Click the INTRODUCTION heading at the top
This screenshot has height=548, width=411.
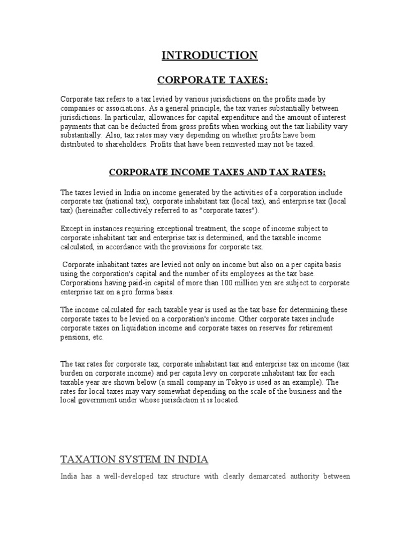coord(210,55)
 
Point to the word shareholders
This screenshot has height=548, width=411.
coord(126,144)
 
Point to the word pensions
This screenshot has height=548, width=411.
coord(74,338)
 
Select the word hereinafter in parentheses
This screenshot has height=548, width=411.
coord(98,210)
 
